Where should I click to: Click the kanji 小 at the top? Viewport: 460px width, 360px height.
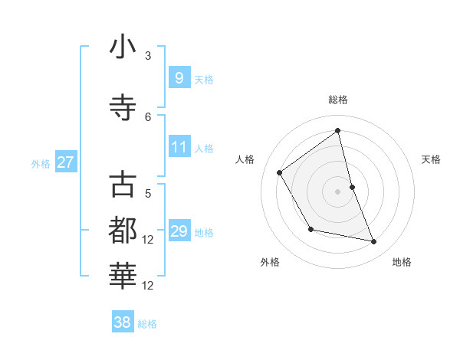pyautogui.click(x=123, y=48)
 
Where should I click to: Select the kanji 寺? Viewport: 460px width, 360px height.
pyautogui.click(x=123, y=107)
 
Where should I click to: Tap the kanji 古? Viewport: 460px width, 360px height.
pyautogui.click(x=123, y=185)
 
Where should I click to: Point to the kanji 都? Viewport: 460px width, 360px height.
pyautogui.click(x=123, y=231)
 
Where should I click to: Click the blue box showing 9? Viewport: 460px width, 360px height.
pyautogui.click(x=179, y=77)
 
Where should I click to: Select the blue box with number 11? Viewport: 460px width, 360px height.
pyautogui.click(x=179, y=147)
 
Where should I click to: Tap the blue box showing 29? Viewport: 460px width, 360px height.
pyautogui.click(x=179, y=231)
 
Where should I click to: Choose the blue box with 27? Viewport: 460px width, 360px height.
pyautogui.click(x=65, y=162)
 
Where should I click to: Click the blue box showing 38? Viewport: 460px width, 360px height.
pyautogui.click(x=123, y=322)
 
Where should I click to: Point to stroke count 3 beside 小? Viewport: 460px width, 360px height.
pyautogui.click(x=148, y=56)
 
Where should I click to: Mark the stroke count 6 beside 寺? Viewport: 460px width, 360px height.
pyautogui.click(x=148, y=116)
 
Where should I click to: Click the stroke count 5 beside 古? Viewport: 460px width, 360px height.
pyautogui.click(x=148, y=194)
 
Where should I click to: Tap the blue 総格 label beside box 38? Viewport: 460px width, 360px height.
pyautogui.click(x=147, y=324)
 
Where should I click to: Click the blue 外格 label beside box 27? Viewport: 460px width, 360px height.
pyautogui.click(x=41, y=163)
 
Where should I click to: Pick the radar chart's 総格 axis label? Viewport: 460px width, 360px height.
pyautogui.click(x=337, y=100)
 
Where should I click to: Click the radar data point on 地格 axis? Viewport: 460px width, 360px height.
pyautogui.click(x=374, y=242)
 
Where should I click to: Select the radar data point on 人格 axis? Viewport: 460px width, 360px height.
pyautogui.click(x=280, y=172)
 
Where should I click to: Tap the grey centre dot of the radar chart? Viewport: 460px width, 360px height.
pyautogui.click(x=337, y=191)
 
